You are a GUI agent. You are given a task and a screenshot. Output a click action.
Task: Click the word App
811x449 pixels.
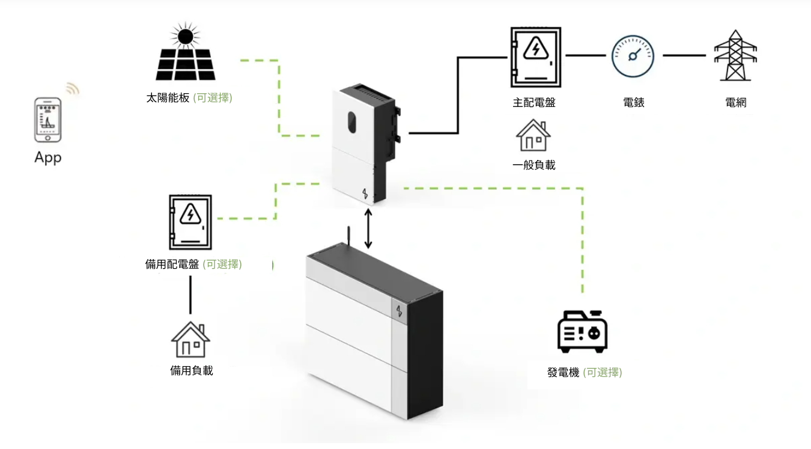tap(48, 158)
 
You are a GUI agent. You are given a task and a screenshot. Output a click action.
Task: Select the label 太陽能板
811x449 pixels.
tap(167, 97)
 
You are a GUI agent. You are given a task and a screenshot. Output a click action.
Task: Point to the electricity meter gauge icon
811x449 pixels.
tap(632, 55)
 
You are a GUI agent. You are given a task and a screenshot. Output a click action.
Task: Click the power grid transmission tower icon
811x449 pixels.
tap(735, 55)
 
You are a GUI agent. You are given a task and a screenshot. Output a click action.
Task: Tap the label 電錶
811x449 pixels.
tap(634, 103)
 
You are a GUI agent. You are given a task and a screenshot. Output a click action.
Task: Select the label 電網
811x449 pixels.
tap(736, 103)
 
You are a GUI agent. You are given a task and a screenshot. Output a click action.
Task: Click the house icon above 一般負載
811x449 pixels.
tap(533, 135)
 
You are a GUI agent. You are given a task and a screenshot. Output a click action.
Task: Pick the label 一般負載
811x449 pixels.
tap(534, 165)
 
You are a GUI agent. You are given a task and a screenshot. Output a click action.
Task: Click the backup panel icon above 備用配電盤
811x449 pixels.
tap(190, 222)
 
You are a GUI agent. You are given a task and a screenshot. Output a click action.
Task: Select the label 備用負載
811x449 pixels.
tap(192, 371)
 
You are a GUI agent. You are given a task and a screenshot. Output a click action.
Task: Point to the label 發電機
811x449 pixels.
tap(563, 373)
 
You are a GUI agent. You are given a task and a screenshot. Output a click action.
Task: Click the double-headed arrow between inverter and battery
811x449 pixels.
tap(368, 228)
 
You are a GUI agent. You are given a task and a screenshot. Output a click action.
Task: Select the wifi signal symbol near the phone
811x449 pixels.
tap(73, 89)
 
